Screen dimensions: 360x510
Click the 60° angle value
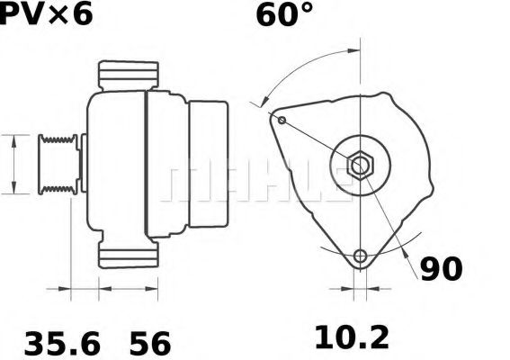pyautogui.click(x=283, y=15)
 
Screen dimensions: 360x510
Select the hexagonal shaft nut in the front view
pyautogui.click(x=360, y=166)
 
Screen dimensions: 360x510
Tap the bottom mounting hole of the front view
pyautogui.click(x=361, y=256)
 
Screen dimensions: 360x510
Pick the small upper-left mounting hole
pyautogui.click(x=282, y=121)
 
